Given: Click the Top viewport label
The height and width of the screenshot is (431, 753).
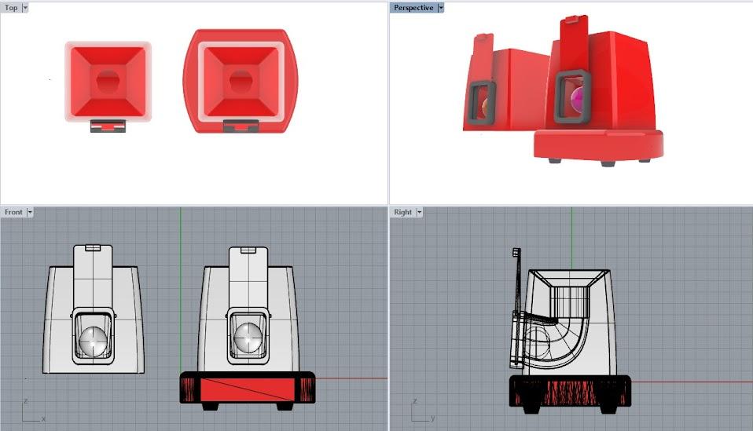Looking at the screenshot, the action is pos(11,8).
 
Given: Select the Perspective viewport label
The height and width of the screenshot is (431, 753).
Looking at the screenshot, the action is pos(413,8).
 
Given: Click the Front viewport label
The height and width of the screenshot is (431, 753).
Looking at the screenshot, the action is pos(13,212).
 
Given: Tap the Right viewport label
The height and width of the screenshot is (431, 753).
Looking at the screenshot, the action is pos(402,212).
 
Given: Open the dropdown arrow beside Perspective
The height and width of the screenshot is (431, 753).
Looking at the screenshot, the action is pos(440,8).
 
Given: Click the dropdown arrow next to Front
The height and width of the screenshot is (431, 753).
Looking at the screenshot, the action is pos(30,212).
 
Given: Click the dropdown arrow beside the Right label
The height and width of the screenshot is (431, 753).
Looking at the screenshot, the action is pos(419,212).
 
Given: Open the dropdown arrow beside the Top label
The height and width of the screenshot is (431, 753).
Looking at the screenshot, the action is pos(25,8).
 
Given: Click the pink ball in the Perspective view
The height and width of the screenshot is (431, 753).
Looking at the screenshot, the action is pos(578,99).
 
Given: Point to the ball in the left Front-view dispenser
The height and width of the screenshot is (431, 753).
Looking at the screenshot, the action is pos(94,342).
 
